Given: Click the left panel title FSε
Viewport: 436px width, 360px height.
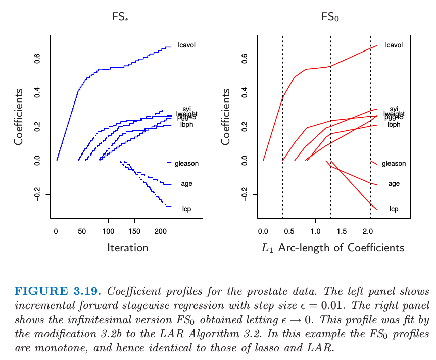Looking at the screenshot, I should coord(121,17).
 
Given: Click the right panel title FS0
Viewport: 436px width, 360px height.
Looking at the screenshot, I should coord(330,17).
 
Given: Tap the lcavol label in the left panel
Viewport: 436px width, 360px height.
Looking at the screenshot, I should coord(187,45).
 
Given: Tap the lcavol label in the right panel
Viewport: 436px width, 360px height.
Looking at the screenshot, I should coord(394,45).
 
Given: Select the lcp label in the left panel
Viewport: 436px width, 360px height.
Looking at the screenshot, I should coord(186,209).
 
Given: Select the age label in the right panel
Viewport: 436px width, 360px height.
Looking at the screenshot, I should coord(394,184).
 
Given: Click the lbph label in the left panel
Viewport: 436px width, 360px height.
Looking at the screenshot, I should coord(187,124).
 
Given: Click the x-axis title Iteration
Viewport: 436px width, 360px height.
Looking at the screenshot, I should coord(127,248).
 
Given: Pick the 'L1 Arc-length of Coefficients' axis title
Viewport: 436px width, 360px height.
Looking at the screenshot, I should coord(332,248).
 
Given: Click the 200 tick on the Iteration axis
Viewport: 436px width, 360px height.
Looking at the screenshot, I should coord(161,231).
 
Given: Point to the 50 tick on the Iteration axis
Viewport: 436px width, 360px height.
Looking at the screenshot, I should coord(82,231).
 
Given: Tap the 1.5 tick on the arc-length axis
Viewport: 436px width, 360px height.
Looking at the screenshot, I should coord(342,231).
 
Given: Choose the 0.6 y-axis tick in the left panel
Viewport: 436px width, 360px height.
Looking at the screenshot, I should coord(37,59).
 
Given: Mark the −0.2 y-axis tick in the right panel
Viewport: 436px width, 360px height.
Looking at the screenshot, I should coord(245,194).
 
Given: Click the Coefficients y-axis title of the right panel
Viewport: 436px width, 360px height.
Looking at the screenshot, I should coord(226,117).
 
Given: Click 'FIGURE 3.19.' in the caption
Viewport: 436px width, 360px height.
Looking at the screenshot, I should coord(58,291).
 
